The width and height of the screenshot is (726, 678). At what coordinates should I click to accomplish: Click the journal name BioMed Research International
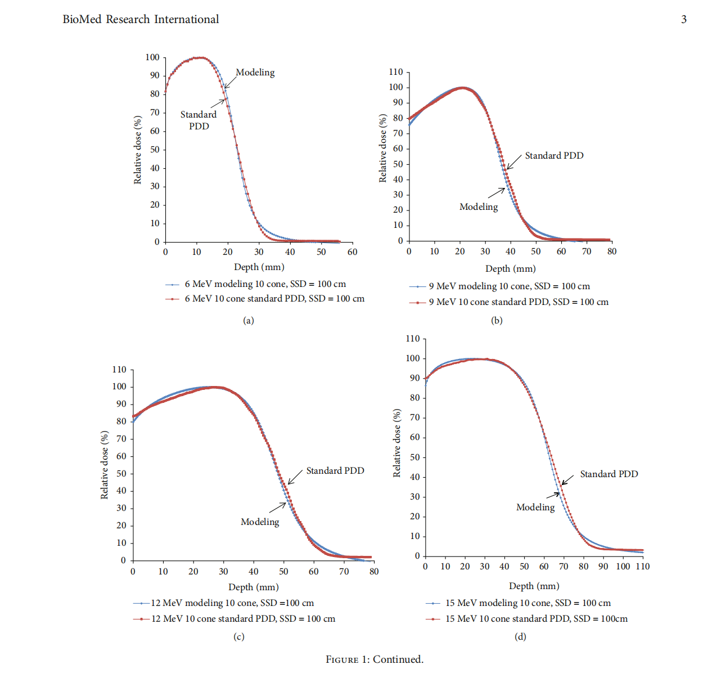coord(141,19)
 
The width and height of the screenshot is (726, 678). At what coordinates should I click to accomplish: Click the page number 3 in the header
coord(684,19)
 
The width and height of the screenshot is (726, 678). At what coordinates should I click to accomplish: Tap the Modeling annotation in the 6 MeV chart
coord(255,73)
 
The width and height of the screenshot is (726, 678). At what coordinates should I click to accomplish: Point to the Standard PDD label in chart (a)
coord(199,120)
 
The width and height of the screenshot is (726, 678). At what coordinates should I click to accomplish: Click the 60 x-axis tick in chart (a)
coord(352,252)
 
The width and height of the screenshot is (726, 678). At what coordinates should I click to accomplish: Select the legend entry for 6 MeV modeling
coord(265,284)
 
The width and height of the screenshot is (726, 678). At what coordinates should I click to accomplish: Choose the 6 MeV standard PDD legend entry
coord(274,299)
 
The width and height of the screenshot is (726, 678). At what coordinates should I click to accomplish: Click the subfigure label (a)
coord(249,320)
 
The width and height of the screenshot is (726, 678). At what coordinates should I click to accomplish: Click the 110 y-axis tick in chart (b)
coord(396,72)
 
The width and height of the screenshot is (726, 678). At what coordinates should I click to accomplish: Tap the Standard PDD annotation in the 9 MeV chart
coord(554,155)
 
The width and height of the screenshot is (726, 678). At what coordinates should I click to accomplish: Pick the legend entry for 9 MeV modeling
coord(509,286)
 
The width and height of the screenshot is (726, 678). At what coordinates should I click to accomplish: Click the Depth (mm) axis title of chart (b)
coord(510,269)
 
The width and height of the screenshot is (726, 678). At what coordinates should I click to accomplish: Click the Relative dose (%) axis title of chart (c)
coord(105,465)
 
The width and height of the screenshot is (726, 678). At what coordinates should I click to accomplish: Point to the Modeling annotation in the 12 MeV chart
coord(259,522)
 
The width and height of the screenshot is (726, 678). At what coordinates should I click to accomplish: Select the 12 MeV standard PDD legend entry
coord(243,619)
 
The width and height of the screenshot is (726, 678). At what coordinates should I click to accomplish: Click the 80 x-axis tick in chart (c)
coord(374,572)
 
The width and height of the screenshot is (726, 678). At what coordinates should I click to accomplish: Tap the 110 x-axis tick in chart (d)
coord(642,567)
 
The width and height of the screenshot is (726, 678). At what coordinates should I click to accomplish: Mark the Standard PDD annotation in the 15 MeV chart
coord(608,474)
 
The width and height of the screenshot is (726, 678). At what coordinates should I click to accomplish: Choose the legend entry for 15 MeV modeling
coord(527,603)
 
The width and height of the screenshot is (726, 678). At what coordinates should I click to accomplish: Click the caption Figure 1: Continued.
coord(375,659)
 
